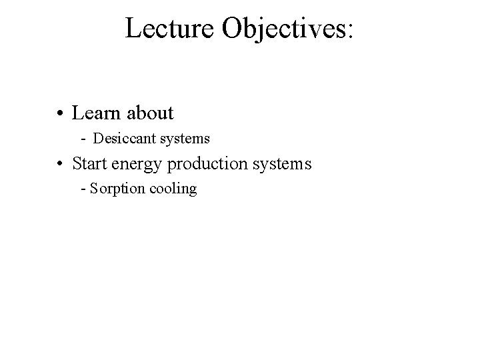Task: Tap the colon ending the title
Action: (351, 31)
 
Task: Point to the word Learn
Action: (93, 113)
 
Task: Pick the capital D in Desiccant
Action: (97, 139)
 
